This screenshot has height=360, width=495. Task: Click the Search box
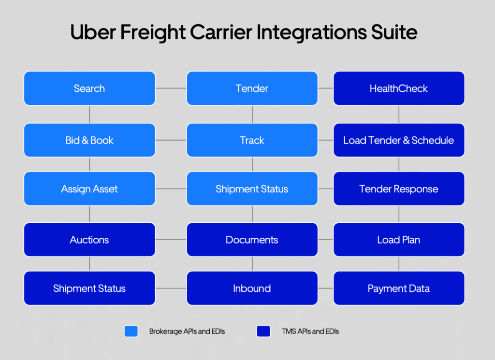tap(89, 88)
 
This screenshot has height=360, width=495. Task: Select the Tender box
tap(252, 88)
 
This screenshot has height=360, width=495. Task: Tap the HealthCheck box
tap(399, 88)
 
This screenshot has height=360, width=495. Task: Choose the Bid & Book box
tap(89, 140)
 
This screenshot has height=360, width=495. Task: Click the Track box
tap(252, 140)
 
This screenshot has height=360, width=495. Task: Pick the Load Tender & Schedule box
tap(399, 140)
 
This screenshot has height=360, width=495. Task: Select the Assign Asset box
tap(89, 188)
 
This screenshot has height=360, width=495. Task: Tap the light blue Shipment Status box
tap(252, 188)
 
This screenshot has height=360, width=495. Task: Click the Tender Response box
tap(399, 188)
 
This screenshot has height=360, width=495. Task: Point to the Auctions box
tap(89, 240)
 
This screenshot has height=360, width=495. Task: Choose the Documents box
tap(252, 240)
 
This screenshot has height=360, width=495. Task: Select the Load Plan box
tap(399, 240)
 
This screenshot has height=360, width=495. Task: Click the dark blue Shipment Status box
tap(89, 288)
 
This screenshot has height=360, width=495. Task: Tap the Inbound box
tap(252, 288)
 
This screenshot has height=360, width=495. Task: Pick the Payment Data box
tap(399, 288)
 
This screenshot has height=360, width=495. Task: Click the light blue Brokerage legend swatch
tap(131, 331)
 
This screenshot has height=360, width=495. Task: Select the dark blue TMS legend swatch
tap(263, 331)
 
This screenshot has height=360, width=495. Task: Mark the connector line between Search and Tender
tap(171, 88)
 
